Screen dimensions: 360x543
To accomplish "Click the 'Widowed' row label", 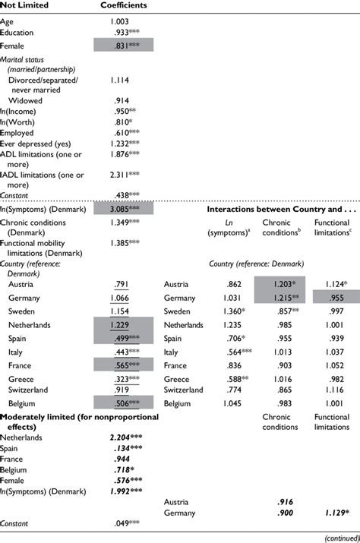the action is (25, 99).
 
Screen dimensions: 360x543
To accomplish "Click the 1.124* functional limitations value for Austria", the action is (333, 284).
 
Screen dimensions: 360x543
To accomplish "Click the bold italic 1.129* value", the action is (333, 513).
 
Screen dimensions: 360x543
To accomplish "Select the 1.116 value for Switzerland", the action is (333, 390).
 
